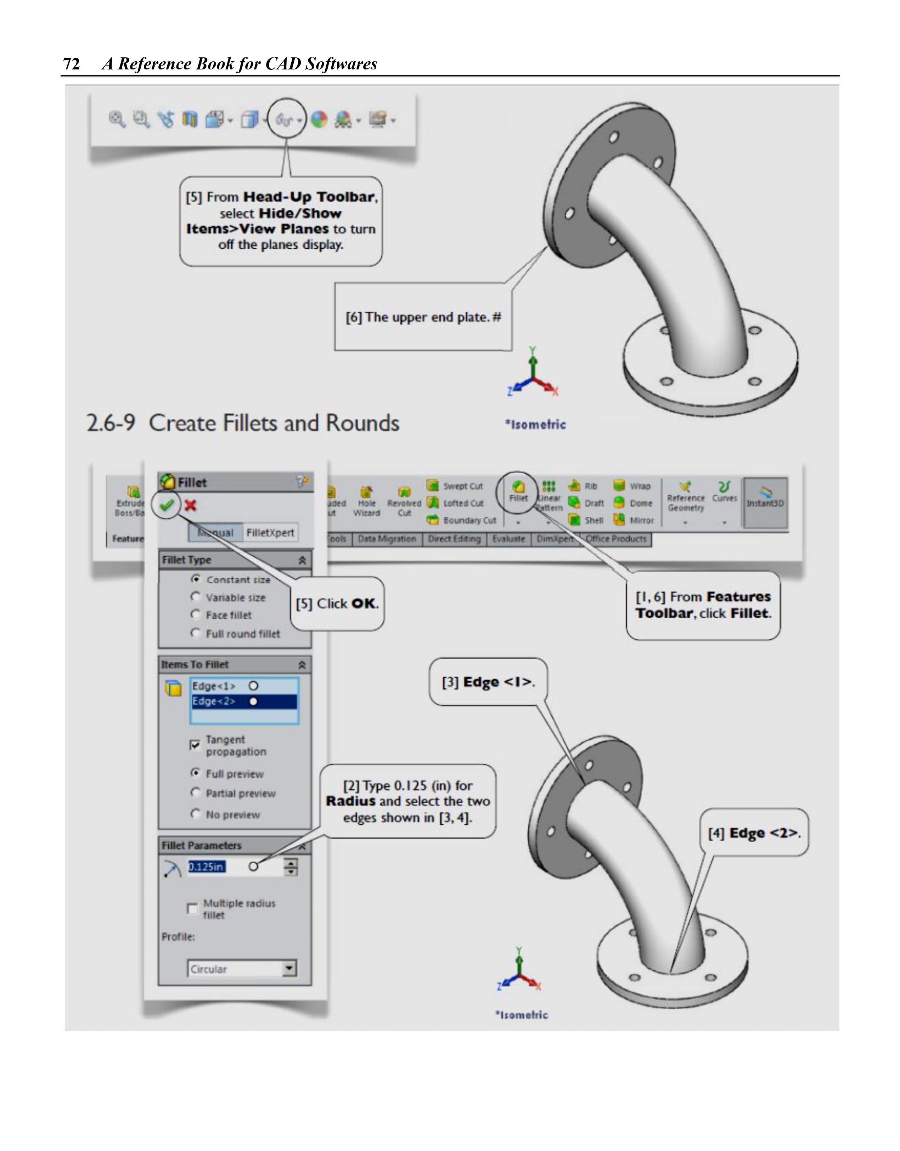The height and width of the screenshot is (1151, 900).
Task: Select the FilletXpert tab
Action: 270,533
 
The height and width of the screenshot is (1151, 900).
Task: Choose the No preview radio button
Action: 196,814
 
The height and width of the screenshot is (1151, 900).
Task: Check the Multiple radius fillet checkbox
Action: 192,909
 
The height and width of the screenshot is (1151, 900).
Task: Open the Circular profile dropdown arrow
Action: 289,968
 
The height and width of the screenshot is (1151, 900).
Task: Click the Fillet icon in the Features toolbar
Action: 518,491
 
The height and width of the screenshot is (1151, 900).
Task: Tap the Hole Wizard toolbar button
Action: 366,502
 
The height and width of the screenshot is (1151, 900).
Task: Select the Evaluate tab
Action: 508,538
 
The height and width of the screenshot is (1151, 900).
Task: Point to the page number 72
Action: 71,64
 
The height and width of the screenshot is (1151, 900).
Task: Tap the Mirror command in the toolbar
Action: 635,520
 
